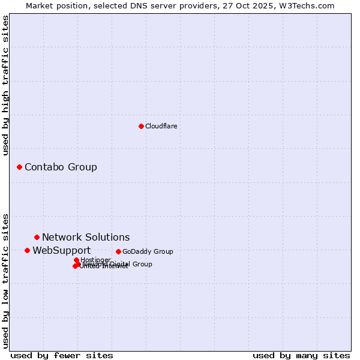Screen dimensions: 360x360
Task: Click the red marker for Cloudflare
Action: pyautogui.click(x=141, y=126)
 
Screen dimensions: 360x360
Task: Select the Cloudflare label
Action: pyautogui.click(x=161, y=126)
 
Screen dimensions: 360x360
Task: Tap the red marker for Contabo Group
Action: pyautogui.click(x=19, y=167)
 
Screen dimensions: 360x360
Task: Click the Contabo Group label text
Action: pyautogui.click(x=61, y=167)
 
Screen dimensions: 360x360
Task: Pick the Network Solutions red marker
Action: pyautogui.click(x=37, y=237)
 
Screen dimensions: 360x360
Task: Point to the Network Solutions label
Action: pyautogui.click(x=86, y=237)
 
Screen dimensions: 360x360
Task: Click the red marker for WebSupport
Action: pyautogui.click(x=27, y=250)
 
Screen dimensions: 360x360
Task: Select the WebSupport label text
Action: pyautogui.click(x=61, y=250)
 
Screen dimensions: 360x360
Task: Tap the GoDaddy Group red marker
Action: pyautogui.click(x=118, y=251)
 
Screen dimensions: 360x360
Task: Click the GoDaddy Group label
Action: pyautogui.click(x=148, y=251)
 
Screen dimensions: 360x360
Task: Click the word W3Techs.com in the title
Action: pyautogui.click(x=310, y=5)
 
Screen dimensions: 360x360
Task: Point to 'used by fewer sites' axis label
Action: pyautogui.click(x=62, y=355)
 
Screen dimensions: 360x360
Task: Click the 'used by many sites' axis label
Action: pyautogui.click(x=301, y=355)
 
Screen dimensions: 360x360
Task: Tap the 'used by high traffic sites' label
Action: pyautogui.click(x=5, y=85)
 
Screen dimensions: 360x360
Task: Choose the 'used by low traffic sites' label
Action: pyautogui.click(x=5, y=280)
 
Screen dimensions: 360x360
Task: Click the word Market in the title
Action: pyautogui.click(x=40, y=5)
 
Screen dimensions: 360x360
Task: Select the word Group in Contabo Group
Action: pyautogui.click(x=83, y=167)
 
